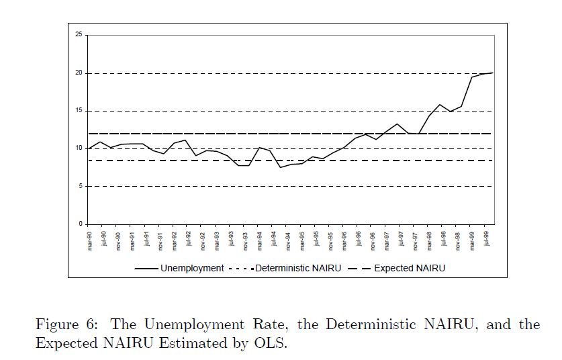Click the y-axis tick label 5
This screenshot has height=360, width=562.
pyautogui.click(x=81, y=186)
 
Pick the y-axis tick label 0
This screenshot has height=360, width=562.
pyautogui.click(x=81, y=224)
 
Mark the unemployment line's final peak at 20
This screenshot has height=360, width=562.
pyautogui.click(x=492, y=73)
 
